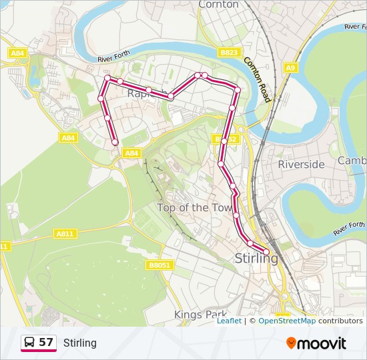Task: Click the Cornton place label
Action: coord(218,5)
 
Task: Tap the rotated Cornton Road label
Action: coord(257,79)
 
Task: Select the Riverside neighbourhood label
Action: coord(301,164)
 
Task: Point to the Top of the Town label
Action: coord(194,207)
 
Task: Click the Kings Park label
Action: coord(200,314)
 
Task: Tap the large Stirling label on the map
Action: coord(256,258)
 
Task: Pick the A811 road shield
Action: coord(65,233)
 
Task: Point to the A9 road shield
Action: coord(290,67)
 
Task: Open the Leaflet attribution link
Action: coord(229,321)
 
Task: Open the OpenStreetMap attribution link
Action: coord(287,321)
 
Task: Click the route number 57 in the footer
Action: coord(46,343)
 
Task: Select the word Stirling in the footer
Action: coord(80,343)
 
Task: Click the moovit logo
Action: coord(316,343)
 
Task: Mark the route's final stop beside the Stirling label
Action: coord(266,251)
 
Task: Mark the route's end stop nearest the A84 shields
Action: coord(115,142)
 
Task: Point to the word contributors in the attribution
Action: coord(340,321)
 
